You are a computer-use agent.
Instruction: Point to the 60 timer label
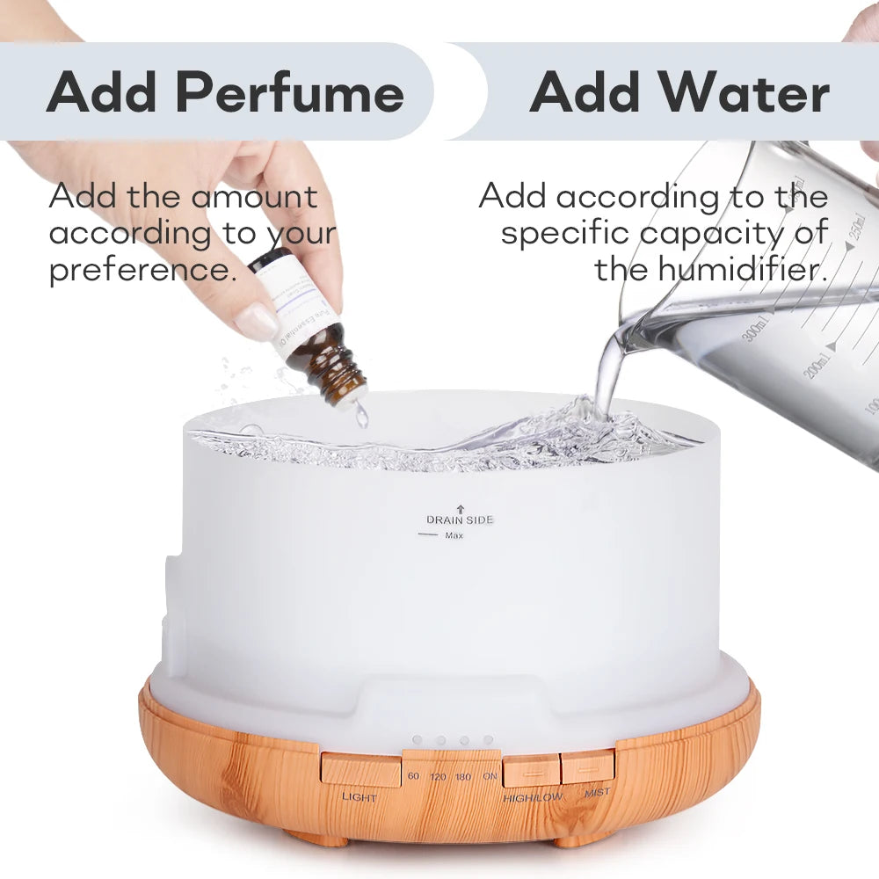coord(414,777)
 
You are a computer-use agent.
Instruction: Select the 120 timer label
coord(438,777)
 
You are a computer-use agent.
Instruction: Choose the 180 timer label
coord(463,777)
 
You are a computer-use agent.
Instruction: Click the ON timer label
coord(489,777)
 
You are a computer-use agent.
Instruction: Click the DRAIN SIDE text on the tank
coord(460,519)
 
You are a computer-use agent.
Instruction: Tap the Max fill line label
coord(454,535)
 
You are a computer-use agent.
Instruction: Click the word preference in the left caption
coord(142,269)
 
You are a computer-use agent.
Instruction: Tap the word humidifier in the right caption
coord(710,269)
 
